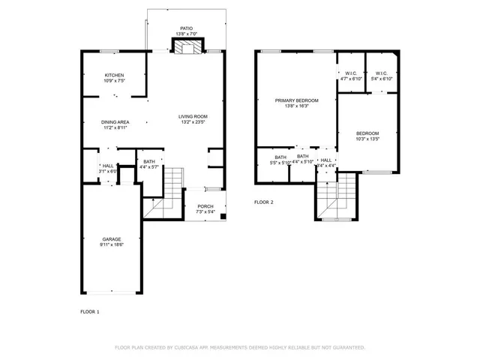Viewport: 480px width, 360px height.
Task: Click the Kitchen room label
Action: pos(114,75)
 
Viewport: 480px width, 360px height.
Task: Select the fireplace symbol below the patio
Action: pos(185,46)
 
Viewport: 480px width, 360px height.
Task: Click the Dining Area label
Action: pos(115,122)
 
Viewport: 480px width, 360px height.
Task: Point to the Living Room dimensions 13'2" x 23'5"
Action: pos(193,122)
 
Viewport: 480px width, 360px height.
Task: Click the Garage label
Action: pos(112,239)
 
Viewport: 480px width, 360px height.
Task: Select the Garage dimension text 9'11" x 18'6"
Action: pos(112,244)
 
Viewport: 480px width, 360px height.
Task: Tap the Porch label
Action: pos(205,206)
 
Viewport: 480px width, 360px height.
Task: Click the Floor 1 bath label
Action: pos(149,161)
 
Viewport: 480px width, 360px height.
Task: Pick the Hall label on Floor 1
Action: pos(108,166)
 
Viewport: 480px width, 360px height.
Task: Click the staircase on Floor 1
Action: pos(173,180)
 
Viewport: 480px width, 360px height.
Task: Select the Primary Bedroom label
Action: pos(296,100)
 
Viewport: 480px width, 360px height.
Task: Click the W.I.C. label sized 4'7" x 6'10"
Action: pos(351,73)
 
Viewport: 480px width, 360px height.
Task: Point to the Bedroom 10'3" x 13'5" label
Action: pos(367,133)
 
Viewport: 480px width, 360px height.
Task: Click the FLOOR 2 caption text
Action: pos(263,202)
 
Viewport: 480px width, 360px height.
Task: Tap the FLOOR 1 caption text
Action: pos(90,310)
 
